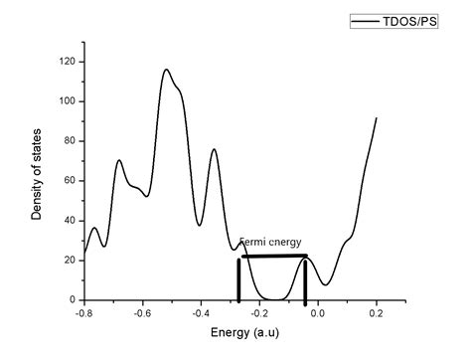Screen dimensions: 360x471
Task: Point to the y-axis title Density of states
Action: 37,175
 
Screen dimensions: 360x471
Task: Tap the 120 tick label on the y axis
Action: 66,62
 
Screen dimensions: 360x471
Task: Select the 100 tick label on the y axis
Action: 66,101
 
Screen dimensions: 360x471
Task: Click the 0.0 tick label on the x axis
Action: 318,312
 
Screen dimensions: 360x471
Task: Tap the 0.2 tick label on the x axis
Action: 377,312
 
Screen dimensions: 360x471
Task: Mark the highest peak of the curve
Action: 166,70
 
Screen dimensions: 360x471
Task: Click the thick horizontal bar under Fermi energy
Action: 274,256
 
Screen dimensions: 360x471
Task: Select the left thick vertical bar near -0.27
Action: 238,279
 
